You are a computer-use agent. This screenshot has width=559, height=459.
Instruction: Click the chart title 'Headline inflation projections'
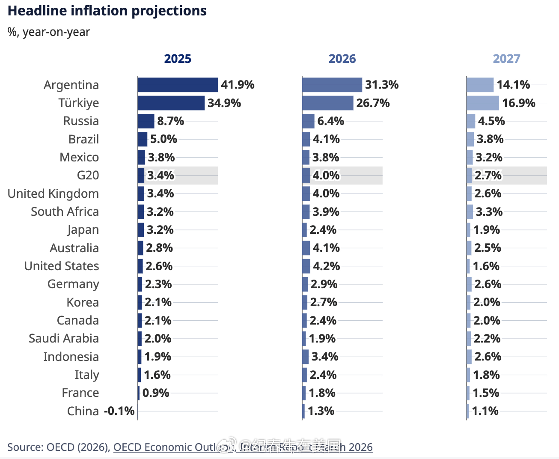click(x=107, y=11)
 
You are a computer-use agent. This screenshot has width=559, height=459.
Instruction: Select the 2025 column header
click(x=178, y=59)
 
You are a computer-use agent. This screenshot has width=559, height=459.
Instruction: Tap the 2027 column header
click(x=506, y=59)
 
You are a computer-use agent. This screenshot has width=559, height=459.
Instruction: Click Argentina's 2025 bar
click(x=178, y=85)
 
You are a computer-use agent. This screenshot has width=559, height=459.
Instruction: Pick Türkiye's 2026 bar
click(x=327, y=103)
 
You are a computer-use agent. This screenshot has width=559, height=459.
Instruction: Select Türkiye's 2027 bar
click(x=482, y=103)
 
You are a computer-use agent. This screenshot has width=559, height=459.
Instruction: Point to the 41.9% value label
click(x=238, y=85)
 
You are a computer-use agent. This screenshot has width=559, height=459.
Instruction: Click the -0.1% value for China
click(x=119, y=411)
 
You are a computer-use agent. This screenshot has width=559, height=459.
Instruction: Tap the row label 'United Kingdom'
click(x=53, y=194)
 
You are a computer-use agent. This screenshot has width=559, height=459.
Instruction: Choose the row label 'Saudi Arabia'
click(x=64, y=338)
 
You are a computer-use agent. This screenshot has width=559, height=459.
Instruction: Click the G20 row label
click(x=88, y=176)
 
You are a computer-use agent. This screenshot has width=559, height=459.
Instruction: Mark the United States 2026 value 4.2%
click(x=326, y=266)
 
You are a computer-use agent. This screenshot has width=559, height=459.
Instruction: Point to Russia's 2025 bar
click(x=146, y=121)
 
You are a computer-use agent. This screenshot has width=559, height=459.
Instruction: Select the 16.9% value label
click(x=519, y=103)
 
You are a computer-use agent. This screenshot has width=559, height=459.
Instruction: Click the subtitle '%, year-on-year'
click(x=49, y=32)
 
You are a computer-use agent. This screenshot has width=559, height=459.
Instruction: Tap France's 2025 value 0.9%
click(x=156, y=393)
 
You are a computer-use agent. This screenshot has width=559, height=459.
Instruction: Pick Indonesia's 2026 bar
click(x=305, y=357)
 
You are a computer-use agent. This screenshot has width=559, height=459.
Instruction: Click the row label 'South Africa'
click(x=65, y=212)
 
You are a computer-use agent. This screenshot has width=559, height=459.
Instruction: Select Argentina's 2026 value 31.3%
click(x=381, y=85)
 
